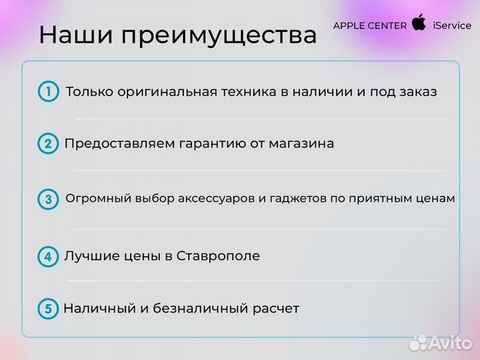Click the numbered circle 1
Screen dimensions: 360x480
point(49,92)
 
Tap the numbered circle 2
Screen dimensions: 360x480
point(48,144)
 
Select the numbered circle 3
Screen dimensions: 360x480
point(48,199)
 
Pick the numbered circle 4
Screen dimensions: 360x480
point(48,256)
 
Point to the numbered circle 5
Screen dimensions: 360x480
point(48,309)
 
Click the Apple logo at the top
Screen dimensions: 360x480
point(419,23)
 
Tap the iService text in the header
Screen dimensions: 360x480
point(452,26)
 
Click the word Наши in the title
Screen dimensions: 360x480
point(72,35)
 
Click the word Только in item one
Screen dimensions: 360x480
point(89,92)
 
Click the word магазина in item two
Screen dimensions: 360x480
point(303,144)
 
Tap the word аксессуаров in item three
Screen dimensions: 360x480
point(213,199)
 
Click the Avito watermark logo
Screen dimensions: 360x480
point(440,343)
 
